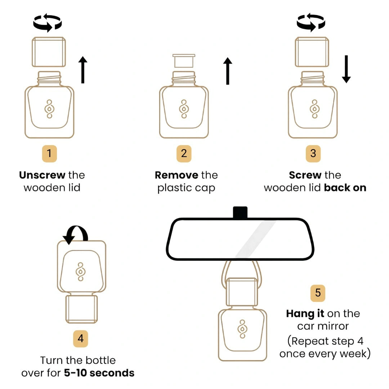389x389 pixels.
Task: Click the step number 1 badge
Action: (x=49, y=154)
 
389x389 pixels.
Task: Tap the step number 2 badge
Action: (x=184, y=154)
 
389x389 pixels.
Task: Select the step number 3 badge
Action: (x=313, y=154)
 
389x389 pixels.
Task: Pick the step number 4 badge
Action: (x=81, y=339)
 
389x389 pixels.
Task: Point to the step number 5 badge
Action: (x=318, y=293)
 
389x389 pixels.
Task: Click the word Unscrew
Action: (x=42, y=175)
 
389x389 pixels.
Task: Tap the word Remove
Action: (x=176, y=175)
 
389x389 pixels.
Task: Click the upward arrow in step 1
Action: (x=83, y=70)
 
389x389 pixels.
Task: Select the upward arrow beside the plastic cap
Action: (x=228, y=71)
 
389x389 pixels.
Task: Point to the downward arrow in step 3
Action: (x=346, y=69)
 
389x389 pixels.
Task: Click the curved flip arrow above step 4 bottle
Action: (x=76, y=234)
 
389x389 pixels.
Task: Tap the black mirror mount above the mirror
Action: (x=240, y=213)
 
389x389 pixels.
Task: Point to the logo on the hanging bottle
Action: (x=242, y=329)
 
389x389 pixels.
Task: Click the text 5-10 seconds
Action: (x=99, y=373)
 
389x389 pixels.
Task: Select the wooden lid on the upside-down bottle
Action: (x=81, y=309)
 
